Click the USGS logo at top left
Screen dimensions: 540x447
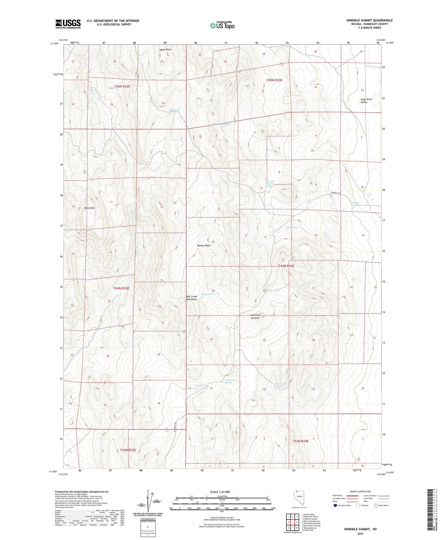68,24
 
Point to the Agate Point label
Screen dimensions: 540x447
165,49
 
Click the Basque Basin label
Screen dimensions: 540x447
204,246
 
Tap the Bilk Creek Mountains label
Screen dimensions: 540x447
191,298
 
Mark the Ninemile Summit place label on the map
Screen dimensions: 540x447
255,316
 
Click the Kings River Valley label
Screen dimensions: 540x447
366,101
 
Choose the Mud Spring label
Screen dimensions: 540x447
174,110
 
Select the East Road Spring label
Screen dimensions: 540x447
230,381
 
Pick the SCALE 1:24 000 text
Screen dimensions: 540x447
220,492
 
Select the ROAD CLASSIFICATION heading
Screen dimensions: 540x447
360,491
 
